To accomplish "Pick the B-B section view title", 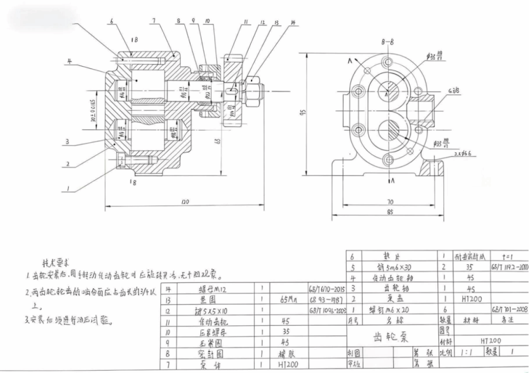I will [x=387, y=42].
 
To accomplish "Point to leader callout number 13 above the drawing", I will [x=277, y=23].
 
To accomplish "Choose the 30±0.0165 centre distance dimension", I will [x=93, y=112].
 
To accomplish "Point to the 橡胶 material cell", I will [x=288, y=354].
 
